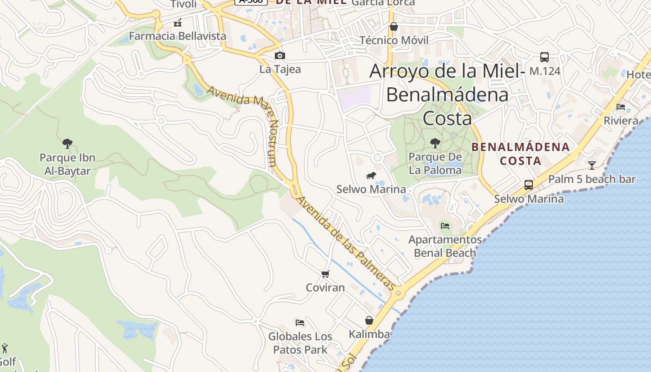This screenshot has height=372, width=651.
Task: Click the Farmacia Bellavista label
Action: click(177, 36)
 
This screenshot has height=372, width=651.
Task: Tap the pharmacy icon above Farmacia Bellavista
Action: click(177, 22)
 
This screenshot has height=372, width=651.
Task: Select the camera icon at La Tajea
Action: click(279, 56)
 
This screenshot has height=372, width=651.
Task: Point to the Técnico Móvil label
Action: click(394, 40)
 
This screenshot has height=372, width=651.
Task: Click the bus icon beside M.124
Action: click(544, 57)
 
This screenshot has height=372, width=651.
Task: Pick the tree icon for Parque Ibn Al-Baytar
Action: click(67, 143)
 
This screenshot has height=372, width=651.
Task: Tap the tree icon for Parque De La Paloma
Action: click(435, 143)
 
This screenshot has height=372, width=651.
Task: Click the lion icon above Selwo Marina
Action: click(371, 175)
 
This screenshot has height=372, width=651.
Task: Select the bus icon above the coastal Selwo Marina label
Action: click(529, 185)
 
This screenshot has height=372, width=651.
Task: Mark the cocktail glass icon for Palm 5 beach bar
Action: click(591, 165)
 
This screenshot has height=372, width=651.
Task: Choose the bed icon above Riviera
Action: click(621, 107)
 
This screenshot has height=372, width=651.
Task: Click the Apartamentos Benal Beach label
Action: click(445, 246)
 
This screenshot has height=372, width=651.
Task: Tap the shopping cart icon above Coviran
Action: click(325, 274)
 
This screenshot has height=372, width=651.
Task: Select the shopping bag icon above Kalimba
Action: click(369, 320)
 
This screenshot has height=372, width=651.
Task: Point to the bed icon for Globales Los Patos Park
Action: click(300, 322)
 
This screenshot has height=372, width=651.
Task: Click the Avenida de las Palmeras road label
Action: click(345, 242)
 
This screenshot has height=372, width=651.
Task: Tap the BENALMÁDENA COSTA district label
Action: click(520, 154)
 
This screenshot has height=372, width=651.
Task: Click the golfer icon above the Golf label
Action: click(5, 348)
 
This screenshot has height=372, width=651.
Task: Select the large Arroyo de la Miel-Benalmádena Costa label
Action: click(447, 95)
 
